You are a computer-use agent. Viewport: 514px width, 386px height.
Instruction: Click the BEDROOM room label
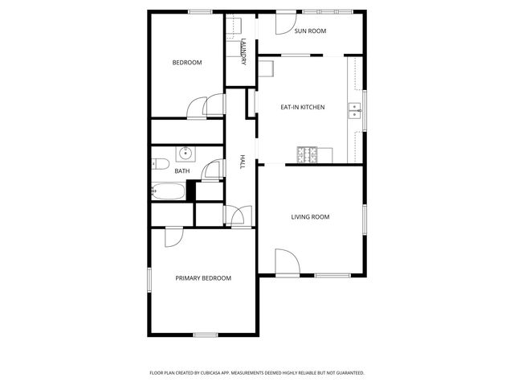pos(187,63)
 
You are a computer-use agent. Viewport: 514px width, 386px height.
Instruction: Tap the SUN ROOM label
pos(310,31)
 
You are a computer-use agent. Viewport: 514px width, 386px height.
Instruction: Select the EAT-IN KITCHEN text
pos(302,106)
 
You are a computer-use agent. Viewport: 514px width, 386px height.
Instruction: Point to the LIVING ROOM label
pos(310,217)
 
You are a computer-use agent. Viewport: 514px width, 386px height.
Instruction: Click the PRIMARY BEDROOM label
pos(203,278)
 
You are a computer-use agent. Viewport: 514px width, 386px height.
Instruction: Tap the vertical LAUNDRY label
pos(243,51)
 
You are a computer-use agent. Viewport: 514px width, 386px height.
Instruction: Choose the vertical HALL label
pos(242,162)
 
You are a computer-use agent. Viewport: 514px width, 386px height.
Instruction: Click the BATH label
pos(182,170)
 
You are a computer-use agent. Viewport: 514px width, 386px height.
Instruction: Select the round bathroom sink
pos(184,153)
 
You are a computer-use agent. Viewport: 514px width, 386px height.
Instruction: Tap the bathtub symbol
pos(168,191)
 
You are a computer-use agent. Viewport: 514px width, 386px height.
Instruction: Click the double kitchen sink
pos(354,110)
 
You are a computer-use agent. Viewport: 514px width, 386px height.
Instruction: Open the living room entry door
pos(286,262)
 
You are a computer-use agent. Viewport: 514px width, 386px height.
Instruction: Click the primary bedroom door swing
pos(174,236)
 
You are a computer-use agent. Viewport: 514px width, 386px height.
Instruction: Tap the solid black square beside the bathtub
pos(191,191)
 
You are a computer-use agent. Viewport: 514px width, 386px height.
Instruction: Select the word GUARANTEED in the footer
pos(348,373)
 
